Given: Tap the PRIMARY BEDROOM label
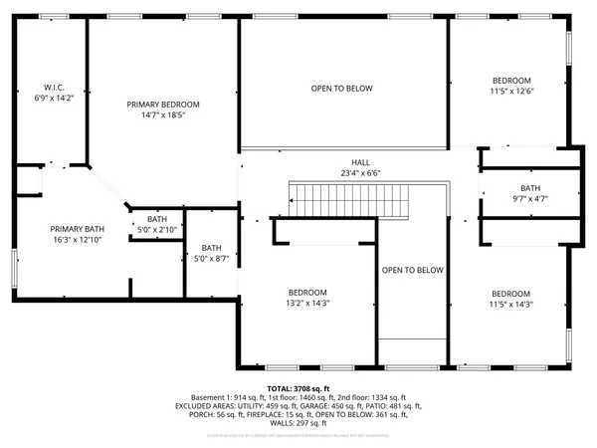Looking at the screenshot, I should click(163, 104).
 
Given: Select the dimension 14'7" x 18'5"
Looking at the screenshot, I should click(163, 115).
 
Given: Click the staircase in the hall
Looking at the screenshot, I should click(348, 203).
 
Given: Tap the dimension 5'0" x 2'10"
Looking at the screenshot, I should click(157, 230).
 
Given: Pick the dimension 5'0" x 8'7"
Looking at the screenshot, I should click(211, 259).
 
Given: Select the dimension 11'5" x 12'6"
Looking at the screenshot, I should click(511, 92).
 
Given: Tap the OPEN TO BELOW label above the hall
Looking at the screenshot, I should click(341, 89).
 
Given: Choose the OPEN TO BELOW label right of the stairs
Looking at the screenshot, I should click(412, 270).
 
